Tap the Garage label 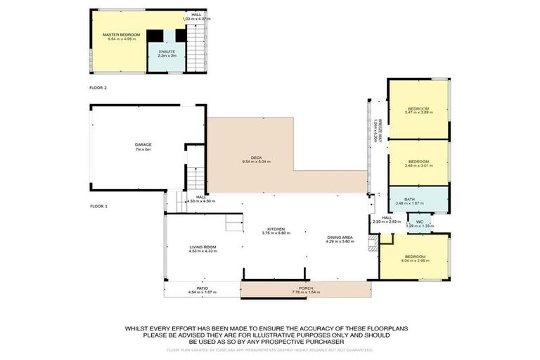(x=143, y=145)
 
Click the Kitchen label (x=275, y=229)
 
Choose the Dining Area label (x=340, y=238)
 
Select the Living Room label (x=202, y=247)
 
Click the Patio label (x=202, y=288)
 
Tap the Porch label (x=305, y=288)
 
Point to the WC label (x=420, y=222)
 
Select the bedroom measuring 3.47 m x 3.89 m (x=418, y=110)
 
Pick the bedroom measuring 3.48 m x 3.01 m (x=419, y=162)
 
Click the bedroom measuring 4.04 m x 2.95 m (x=414, y=257)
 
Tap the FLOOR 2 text (x=98, y=88)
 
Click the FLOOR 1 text (x=98, y=206)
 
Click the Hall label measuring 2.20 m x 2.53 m (x=387, y=218)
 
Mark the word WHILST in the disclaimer (x=137, y=328)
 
